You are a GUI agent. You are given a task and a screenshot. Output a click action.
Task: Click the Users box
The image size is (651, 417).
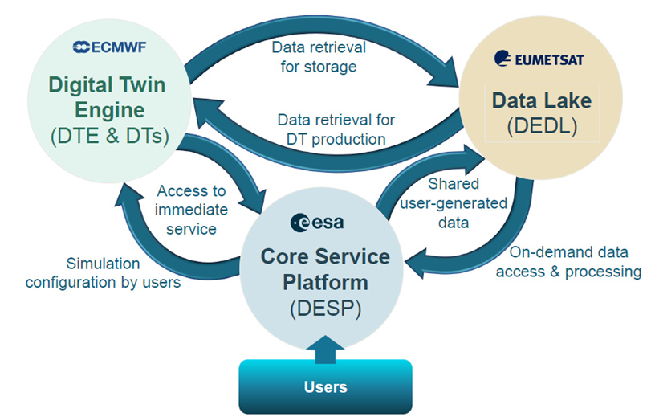(x=325, y=386)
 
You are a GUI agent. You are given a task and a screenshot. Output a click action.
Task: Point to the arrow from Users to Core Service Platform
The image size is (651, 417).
(x=325, y=345)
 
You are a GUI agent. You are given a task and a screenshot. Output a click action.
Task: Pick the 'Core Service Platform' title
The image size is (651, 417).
(x=325, y=270)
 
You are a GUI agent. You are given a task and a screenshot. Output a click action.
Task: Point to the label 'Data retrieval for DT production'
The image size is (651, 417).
(x=336, y=129)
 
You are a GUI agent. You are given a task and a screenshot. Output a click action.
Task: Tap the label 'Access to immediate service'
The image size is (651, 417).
(x=193, y=210)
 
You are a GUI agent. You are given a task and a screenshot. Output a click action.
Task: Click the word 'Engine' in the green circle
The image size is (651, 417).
(x=109, y=110)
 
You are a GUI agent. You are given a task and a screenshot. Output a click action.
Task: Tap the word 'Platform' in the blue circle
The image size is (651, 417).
(x=325, y=284)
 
